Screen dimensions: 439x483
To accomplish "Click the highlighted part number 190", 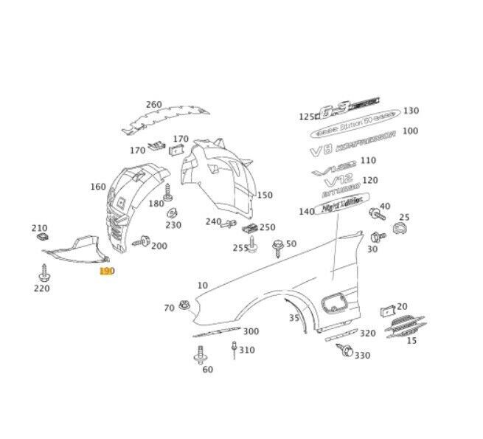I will point(107,272).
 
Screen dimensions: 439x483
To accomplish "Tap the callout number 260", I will point(153,104).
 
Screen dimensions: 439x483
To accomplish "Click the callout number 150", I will point(264,196).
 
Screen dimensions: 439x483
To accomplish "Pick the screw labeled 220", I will point(41,274).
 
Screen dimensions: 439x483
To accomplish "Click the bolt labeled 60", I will point(199,359).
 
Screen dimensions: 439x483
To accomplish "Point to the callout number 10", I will point(202,285).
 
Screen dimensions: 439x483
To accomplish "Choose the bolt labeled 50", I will point(278,247).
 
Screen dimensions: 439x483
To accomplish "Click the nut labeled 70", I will point(184,306).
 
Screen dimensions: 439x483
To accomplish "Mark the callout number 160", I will point(98,187).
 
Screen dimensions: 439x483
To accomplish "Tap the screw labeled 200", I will point(142,241).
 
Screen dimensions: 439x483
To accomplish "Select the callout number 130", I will point(411,111).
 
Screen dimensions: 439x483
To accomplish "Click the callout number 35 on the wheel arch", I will point(293,318).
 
